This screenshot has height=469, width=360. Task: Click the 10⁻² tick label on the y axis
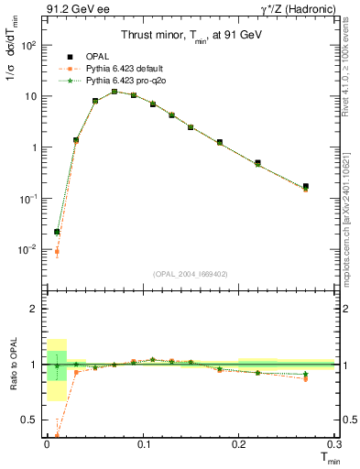click(x=27, y=249)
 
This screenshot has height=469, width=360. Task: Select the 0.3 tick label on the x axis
click(x=335, y=443)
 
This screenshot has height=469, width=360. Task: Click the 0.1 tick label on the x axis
click(x=143, y=443)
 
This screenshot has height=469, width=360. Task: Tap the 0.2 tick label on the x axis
click(x=239, y=443)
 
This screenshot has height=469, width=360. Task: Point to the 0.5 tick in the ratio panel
click(x=30, y=420)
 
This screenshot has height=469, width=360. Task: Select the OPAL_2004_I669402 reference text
click(x=189, y=273)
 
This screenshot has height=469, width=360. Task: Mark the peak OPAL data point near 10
click(x=115, y=92)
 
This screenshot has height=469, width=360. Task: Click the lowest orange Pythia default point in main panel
click(x=57, y=252)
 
